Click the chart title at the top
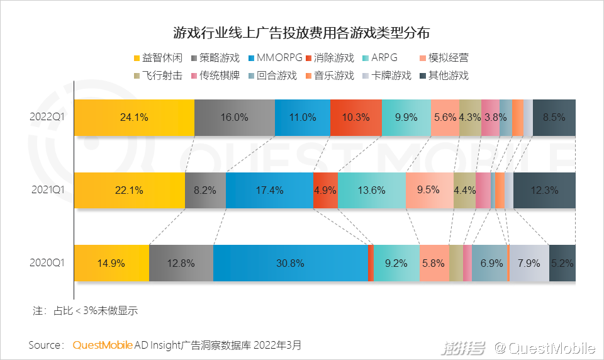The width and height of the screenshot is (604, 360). [x=301, y=33]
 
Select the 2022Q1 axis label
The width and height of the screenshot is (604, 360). [x=48, y=117]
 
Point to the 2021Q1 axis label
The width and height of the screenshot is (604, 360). [x=48, y=190]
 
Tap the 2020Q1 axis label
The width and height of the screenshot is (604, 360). [x=48, y=263]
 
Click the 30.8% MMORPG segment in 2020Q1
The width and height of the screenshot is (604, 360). [x=290, y=263]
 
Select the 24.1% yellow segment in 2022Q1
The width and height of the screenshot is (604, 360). [x=134, y=117]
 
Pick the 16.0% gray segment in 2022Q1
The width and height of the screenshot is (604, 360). [x=234, y=117]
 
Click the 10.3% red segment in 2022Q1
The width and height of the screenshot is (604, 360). [x=356, y=117]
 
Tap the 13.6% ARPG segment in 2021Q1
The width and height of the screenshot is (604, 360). [x=371, y=190]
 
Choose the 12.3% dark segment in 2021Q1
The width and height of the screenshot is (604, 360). [x=544, y=190]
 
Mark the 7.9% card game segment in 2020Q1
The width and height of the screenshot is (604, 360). [x=528, y=263]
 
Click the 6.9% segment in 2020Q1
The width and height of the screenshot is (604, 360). [x=489, y=263]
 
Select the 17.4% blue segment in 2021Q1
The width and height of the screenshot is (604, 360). [x=269, y=190]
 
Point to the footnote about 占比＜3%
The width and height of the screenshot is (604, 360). [x=85, y=310]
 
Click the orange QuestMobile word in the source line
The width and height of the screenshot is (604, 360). [x=103, y=345]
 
